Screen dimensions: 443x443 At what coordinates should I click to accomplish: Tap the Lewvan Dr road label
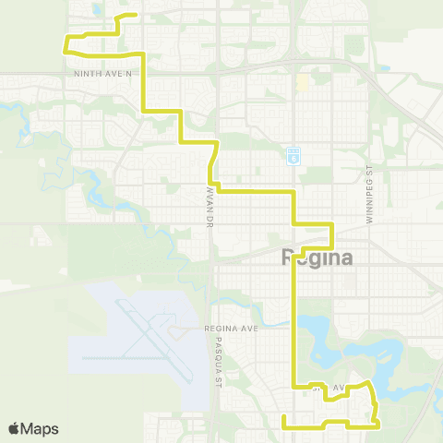point(210,208)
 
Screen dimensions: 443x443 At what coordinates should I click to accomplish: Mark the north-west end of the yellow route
point(137,15)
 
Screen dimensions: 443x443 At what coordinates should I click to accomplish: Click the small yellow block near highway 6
point(302,83)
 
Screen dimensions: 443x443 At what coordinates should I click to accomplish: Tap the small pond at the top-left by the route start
point(99,11)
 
